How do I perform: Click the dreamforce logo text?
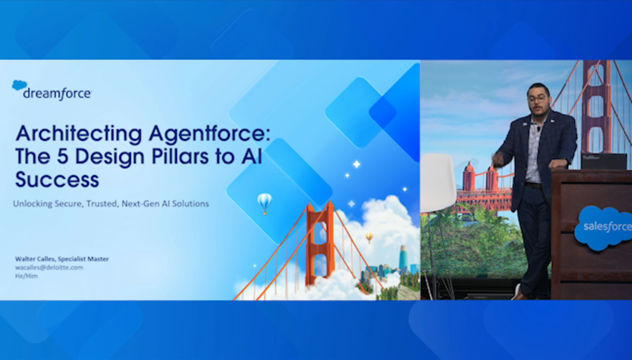pos(58,94)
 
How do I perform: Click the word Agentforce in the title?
pos(209,134)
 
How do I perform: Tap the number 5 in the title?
pos(62,156)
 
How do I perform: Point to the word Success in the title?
pos(57,179)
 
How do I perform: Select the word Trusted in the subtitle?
pos(103,204)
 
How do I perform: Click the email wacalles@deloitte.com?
pos(49,267)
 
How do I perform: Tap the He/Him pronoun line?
pos(26,276)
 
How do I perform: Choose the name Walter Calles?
pos(35,259)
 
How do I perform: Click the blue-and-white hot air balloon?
pos(264,203)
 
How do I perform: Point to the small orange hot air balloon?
pos(369,237)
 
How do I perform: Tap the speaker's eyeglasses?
pos(538,99)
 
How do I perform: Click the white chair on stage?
pos(439,183)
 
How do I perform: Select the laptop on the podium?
pos(604,161)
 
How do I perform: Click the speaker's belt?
pos(533,185)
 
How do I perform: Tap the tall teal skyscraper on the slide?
pos(403,257)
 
